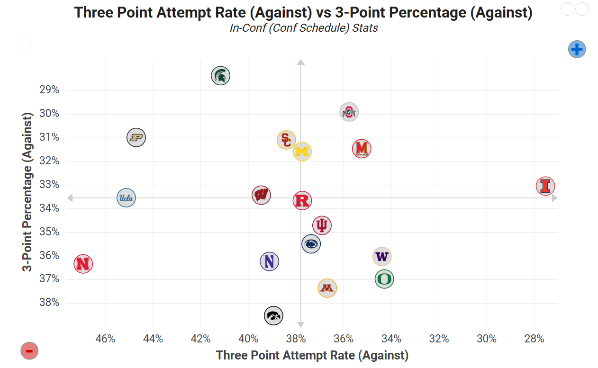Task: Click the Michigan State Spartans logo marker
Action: [x=220, y=75]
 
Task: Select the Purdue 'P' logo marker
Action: [x=136, y=138]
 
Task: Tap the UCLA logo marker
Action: [x=126, y=198]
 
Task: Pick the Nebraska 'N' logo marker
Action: [x=83, y=264]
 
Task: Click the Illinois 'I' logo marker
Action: [x=545, y=186]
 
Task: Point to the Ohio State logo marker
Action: [x=349, y=112]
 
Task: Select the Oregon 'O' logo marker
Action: [x=384, y=279]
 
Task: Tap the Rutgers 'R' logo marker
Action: [x=302, y=201]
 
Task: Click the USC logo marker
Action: [x=286, y=140]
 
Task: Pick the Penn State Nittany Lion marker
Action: [x=311, y=244]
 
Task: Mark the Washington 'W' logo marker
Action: [x=382, y=257]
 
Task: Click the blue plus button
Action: [x=577, y=49]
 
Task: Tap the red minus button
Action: [x=29, y=351]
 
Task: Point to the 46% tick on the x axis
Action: [x=105, y=339]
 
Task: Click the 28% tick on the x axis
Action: [x=534, y=339]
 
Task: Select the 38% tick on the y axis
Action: [x=49, y=303]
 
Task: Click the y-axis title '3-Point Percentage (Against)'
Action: [x=28, y=192]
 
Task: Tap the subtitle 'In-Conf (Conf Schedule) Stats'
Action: [x=304, y=28]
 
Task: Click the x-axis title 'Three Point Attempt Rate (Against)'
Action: [x=312, y=355]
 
